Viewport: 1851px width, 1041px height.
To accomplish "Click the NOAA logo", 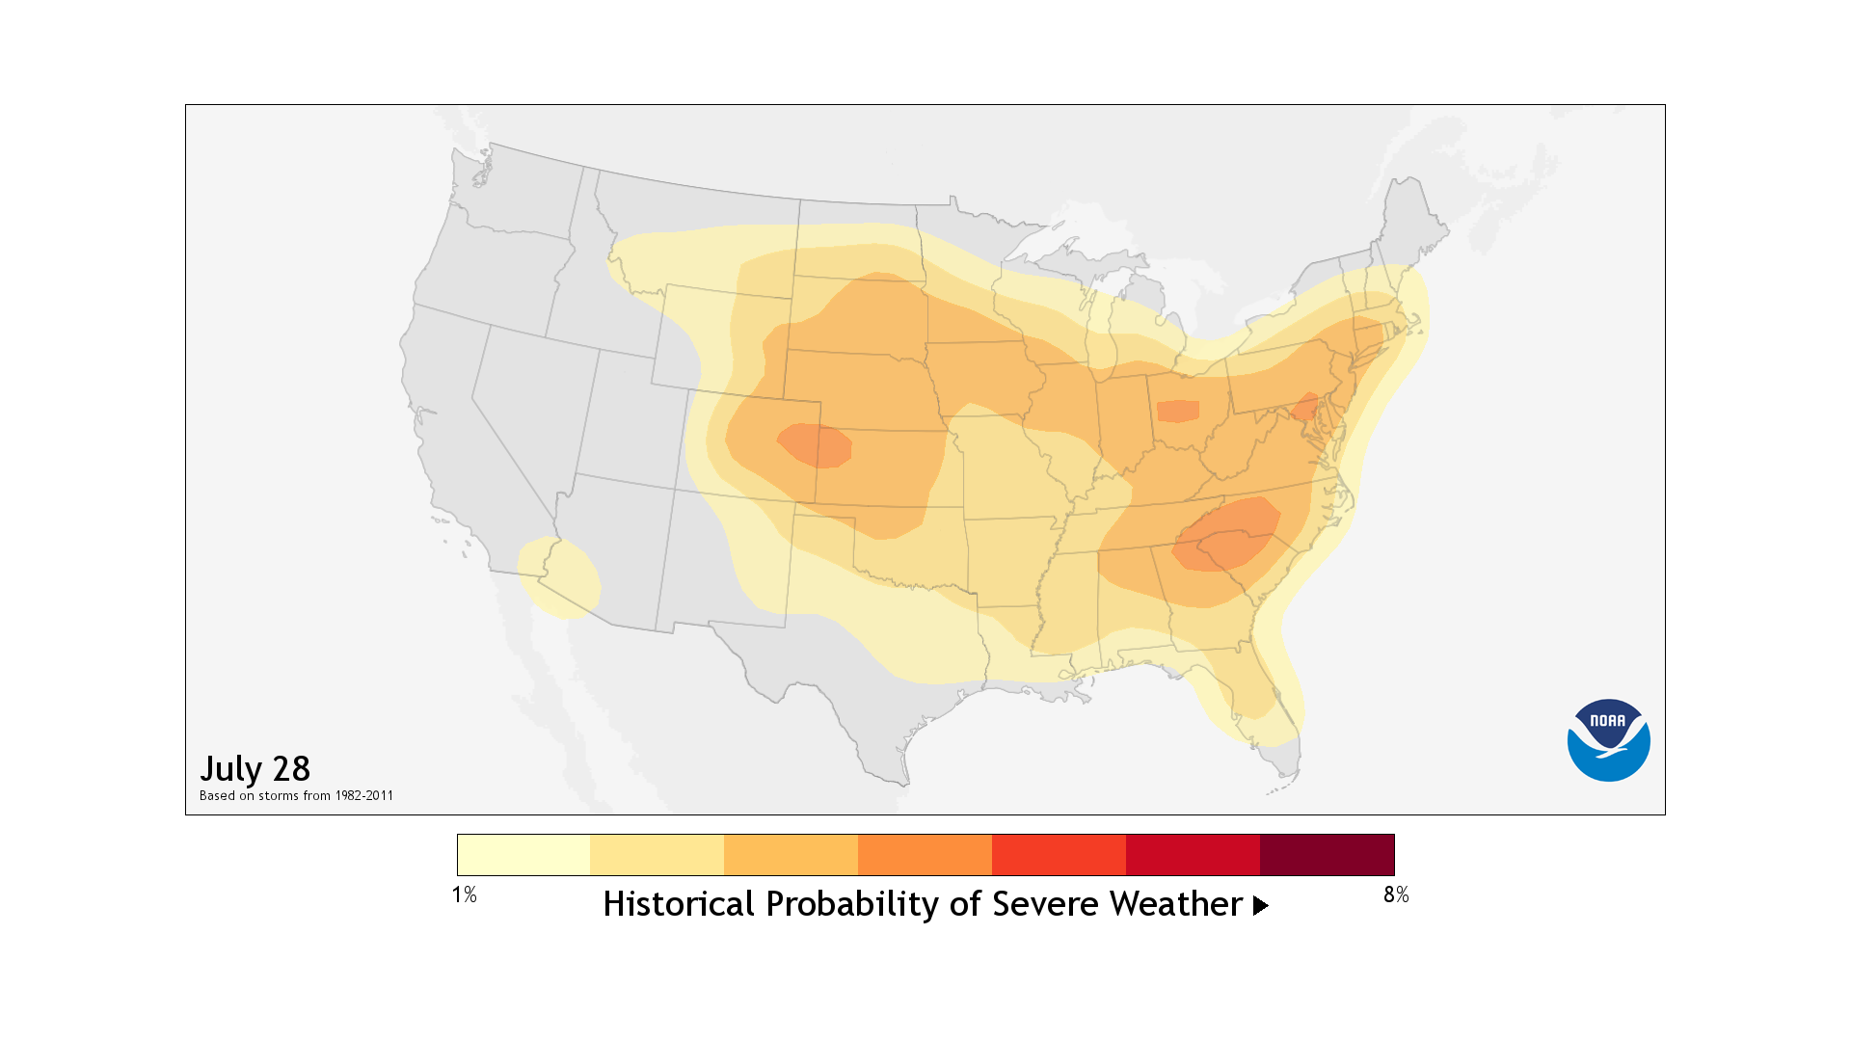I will point(1608,740).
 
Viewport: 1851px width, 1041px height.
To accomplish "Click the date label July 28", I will point(255,769).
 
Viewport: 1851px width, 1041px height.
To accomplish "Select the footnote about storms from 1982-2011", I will point(296,796).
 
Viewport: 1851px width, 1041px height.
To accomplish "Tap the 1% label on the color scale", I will point(464,895).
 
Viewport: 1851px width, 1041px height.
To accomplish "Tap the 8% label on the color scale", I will point(1395,895).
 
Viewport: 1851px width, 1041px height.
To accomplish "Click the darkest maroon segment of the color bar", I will point(1327,855).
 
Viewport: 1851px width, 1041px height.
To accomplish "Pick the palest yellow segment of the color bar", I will point(523,855).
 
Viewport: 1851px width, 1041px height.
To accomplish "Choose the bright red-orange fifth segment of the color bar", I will point(1059,855).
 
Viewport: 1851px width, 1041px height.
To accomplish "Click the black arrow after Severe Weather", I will point(1260,906).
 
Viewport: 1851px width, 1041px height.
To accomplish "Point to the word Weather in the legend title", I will point(1175,905).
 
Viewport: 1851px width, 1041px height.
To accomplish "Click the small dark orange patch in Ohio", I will point(1177,412).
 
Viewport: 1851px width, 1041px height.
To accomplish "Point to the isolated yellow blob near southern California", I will point(560,577).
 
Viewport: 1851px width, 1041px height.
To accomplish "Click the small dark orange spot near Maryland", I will point(1305,406).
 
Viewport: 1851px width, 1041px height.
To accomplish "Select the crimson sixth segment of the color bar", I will point(1193,855).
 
